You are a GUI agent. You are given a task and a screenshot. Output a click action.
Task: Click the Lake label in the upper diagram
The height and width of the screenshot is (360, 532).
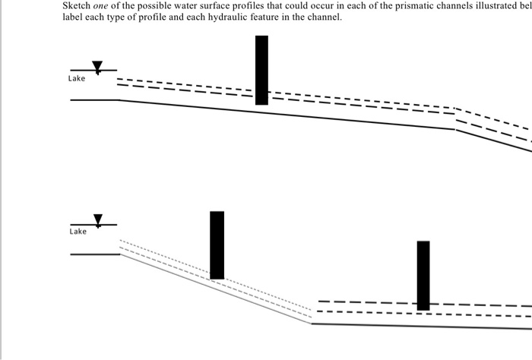[x=77, y=78]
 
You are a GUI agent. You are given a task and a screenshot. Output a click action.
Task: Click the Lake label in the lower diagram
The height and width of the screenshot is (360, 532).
[x=78, y=232]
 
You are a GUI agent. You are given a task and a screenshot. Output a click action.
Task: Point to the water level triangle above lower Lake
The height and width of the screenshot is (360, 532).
[x=97, y=220]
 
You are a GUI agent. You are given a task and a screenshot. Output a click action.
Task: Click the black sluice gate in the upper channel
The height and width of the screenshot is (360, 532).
[x=261, y=70]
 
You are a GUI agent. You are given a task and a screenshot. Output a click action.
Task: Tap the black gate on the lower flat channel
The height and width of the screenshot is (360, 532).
[x=423, y=275]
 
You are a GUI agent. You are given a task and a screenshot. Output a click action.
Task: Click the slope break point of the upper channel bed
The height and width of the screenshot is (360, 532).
[x=455, y=129]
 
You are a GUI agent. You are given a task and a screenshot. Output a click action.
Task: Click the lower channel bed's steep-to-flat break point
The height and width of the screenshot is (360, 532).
[x=312, y=324]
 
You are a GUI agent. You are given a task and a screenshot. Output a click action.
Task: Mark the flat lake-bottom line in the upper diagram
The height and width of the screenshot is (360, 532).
[x=93, y=99]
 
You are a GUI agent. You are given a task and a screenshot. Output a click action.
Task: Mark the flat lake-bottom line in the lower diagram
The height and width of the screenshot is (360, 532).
[x=95, y=254]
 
